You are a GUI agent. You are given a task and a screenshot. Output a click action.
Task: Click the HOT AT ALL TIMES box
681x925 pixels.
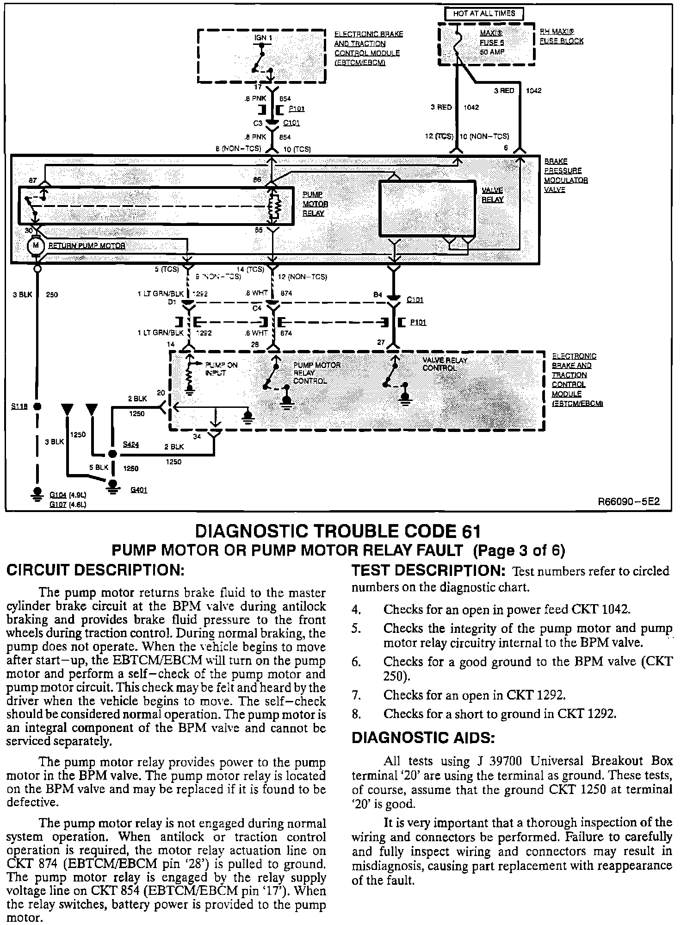(484, 14)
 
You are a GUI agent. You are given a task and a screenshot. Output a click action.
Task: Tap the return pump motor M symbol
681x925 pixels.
(36, 245)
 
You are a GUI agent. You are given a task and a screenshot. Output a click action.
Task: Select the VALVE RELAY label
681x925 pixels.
(493, 195)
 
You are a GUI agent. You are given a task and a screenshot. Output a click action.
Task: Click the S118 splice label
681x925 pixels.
(19, 406)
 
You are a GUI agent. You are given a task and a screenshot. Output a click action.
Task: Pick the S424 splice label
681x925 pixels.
(131, 444)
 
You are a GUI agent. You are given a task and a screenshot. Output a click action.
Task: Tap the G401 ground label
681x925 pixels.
(139, 490)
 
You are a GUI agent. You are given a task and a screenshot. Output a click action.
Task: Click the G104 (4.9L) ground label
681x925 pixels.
(68, 495)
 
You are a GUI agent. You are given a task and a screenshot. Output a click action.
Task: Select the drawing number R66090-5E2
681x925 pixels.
(628, 501)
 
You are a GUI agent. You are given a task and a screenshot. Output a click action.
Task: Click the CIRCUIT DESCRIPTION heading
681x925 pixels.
(95, 570)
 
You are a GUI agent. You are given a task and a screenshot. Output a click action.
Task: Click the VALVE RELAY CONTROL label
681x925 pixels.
(445, 364)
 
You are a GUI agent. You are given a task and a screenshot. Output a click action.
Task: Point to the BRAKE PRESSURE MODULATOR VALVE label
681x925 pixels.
(566, 175)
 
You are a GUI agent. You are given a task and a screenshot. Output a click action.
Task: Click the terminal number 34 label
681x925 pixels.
(197, 436)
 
